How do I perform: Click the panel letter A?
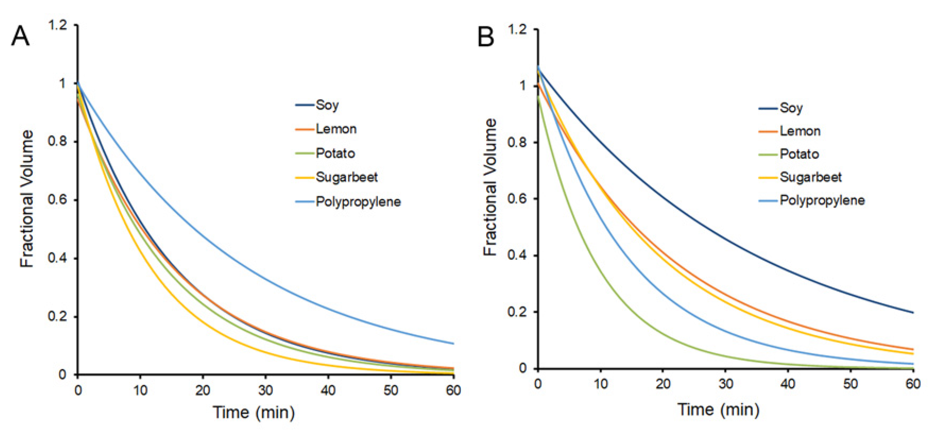(20, 37)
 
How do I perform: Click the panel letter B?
(485, 37)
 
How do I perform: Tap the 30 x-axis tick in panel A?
(265, 390)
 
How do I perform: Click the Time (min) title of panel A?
(253, 412)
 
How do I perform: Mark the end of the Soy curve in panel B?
(913, 313)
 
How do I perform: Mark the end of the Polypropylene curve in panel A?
(453, 344)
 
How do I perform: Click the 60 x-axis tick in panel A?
(453, 390)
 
